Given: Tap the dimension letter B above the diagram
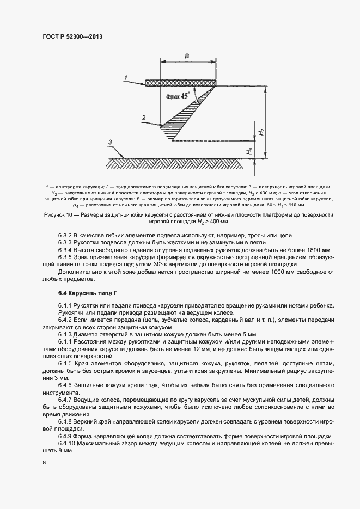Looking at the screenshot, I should click(186, 56).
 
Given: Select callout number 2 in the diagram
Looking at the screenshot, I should click(143, 118).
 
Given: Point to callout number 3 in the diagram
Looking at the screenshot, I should click(110, 142).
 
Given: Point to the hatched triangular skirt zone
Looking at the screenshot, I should click(185, 115).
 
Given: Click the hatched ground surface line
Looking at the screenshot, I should click(180, 163).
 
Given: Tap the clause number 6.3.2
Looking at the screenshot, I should click(67, 235).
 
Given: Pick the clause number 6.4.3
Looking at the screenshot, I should click(67, 334).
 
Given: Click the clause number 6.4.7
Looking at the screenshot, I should click(67, 399).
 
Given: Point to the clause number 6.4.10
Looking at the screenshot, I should click(69, 444).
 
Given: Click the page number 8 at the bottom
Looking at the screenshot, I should click(44, 463).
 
